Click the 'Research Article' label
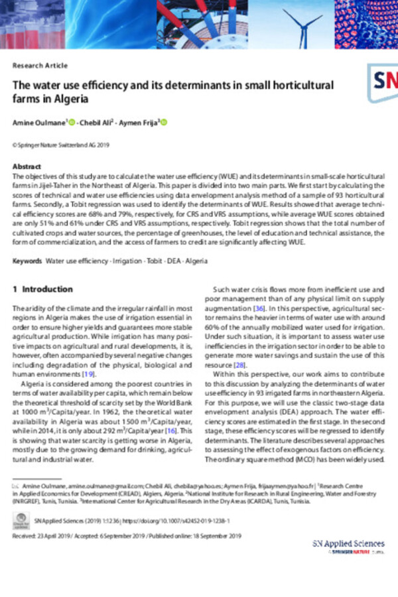[x=40, y=66]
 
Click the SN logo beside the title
[x=383, y=82]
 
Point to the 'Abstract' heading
[x=28, y=166]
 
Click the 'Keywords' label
[x=28, y=261]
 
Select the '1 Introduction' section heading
[x=43, y=290]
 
